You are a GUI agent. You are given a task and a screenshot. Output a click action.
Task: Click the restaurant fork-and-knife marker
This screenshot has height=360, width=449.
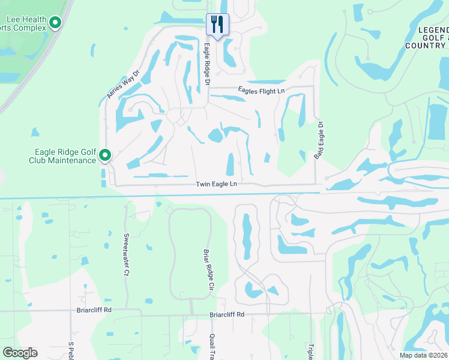point(217,25)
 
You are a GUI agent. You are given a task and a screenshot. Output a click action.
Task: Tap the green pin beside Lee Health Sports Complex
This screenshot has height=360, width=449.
point(56,23)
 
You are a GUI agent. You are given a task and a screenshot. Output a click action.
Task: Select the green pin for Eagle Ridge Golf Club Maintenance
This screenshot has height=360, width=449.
point(105,155)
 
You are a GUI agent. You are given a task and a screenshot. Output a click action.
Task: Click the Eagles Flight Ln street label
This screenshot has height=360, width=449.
point(261,91)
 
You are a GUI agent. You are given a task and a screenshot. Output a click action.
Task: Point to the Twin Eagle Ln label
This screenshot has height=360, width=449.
point(216,184)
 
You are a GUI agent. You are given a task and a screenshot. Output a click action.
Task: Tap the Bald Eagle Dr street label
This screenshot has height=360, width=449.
point(319,140)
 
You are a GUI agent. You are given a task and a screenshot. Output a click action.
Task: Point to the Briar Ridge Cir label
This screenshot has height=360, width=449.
point(208,269)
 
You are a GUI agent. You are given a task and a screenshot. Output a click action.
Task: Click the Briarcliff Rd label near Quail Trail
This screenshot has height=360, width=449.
point(227,314)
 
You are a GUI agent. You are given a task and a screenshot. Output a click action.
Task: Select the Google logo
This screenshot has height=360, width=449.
point(20,353)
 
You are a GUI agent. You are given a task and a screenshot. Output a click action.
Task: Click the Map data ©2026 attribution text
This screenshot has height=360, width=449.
point(423,355)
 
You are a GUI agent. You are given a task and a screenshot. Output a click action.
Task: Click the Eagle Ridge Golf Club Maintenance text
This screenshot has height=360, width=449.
point(62,156)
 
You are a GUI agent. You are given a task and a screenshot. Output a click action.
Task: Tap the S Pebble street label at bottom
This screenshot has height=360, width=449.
point(71,351)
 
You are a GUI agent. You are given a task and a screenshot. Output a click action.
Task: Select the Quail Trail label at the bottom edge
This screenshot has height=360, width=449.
point(212,347)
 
